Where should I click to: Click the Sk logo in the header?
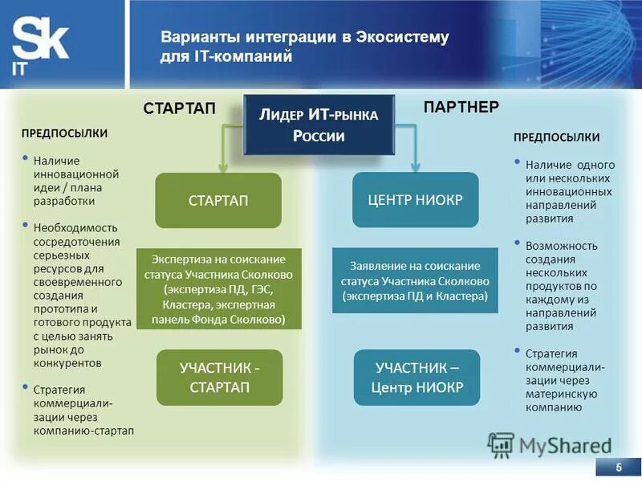tap(40, 45)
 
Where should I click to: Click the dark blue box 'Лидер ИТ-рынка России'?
tap(319, 125)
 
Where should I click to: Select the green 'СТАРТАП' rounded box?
tap(218, 200)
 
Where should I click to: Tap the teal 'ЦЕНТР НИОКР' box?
tap(416, 200)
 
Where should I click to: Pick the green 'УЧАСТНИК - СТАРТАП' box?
tap(219, 378)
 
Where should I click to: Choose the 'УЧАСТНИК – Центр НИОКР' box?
tap(416, 378)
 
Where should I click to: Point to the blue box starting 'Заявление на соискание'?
tap(415, 280)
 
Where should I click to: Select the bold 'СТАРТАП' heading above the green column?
tap(180, 108)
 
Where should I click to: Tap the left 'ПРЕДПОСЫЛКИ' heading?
tap(64, 133)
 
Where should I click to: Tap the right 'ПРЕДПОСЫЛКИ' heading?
tap(556, 137)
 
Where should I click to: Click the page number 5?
tap(619, 468)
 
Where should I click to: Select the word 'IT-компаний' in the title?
tap(242, 57)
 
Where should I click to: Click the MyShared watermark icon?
tap(501, 445)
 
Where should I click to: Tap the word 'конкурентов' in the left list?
tap(67, 363)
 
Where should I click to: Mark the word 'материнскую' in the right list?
tap(559, 394)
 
